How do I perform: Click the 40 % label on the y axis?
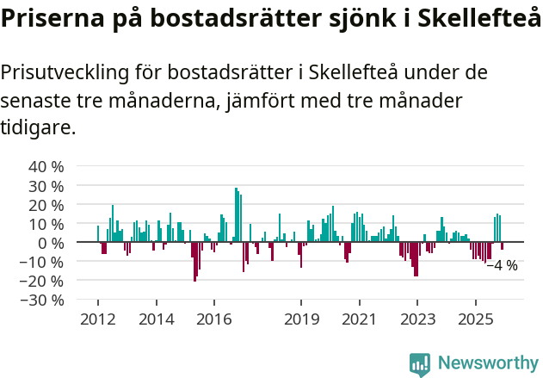[46, 166]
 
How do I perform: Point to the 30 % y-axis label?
[46, 185]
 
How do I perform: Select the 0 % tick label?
[50, 243]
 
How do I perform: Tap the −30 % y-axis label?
[42, 300]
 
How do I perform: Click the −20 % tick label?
[42, 281]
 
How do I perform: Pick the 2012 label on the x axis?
[97, 319]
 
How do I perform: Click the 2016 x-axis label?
[213, 319]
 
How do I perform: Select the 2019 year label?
[300, 319]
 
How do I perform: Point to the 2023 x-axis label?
[417, 319]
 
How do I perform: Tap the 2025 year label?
[476, 319]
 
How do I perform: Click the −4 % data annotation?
[502, 265]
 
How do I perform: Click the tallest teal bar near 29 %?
[236, 215]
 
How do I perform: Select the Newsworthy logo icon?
[420, 363]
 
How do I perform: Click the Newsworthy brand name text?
[488, 363]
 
